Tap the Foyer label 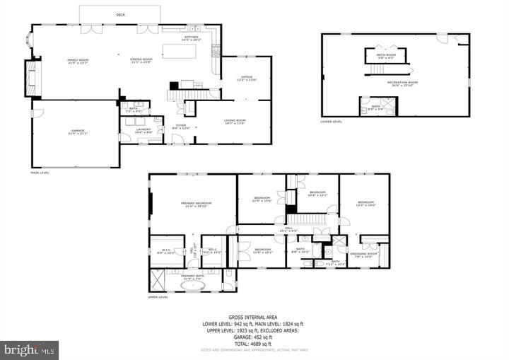coord(180,126)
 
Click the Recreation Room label coord(402,83)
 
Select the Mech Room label coord(386,55)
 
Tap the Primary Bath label coord(192,278)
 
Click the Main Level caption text coord(39,173)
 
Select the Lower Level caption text coord(331,121)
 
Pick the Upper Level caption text coord(158,297)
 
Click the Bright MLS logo coord(30,349)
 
